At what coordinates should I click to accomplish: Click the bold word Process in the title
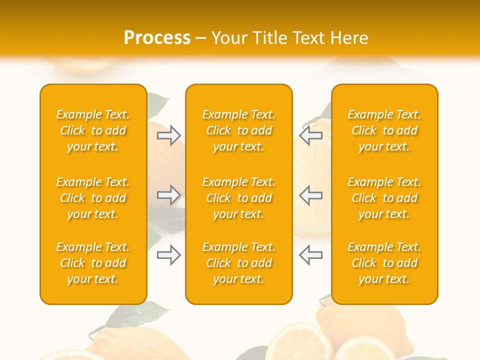157,38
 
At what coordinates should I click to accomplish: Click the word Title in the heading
270,38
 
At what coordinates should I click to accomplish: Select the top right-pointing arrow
168,135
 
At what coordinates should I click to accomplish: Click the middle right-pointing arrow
168,195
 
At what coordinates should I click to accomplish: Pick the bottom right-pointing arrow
168,255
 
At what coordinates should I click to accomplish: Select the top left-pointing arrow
310,135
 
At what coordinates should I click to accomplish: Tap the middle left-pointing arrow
310,195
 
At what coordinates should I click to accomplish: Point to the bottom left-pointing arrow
310,255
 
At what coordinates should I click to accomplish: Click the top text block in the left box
93,130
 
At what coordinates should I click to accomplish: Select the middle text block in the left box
93,198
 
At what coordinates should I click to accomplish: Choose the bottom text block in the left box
93,263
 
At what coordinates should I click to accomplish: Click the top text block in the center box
239,130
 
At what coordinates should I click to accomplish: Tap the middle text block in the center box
239,198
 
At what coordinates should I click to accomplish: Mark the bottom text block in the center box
239,263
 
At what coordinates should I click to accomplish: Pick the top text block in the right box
384,130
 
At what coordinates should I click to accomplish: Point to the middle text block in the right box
384,198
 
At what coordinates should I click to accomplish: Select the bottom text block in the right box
384,263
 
